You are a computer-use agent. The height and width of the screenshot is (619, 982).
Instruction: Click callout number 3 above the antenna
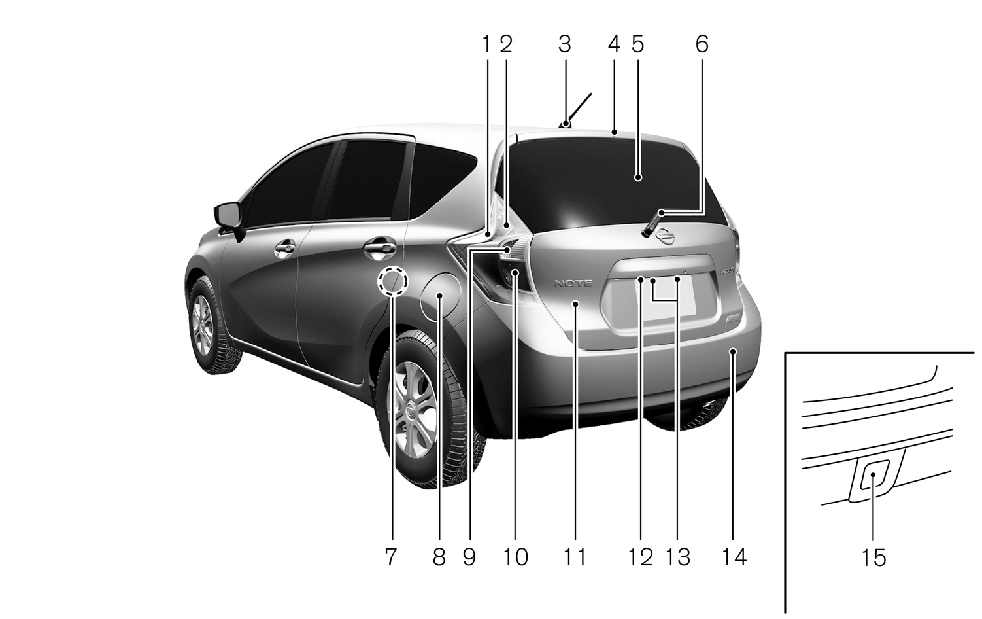click(x=565, y=44)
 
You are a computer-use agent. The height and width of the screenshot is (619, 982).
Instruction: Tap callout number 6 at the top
click(x=702, y=44)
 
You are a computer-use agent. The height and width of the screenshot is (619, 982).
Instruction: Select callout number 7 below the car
click(x=390, y=557)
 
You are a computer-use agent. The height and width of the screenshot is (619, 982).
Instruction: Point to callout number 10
click(x=516, y=557)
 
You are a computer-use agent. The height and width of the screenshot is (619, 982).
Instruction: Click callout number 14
click(x=735, y=557)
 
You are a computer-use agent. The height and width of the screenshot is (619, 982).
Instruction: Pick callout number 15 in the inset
click(x=874, y=557)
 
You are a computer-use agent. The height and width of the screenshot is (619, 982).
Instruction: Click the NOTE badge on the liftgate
click(x=573, y=283)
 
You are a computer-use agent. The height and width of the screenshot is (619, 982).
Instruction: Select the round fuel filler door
click(x=440, y=296)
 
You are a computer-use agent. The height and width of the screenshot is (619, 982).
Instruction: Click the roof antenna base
click(x=565, y=124)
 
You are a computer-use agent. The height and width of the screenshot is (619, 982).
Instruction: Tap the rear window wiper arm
click(x=652, y=223)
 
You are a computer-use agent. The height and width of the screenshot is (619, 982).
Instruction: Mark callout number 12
click(x=641, y=557)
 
